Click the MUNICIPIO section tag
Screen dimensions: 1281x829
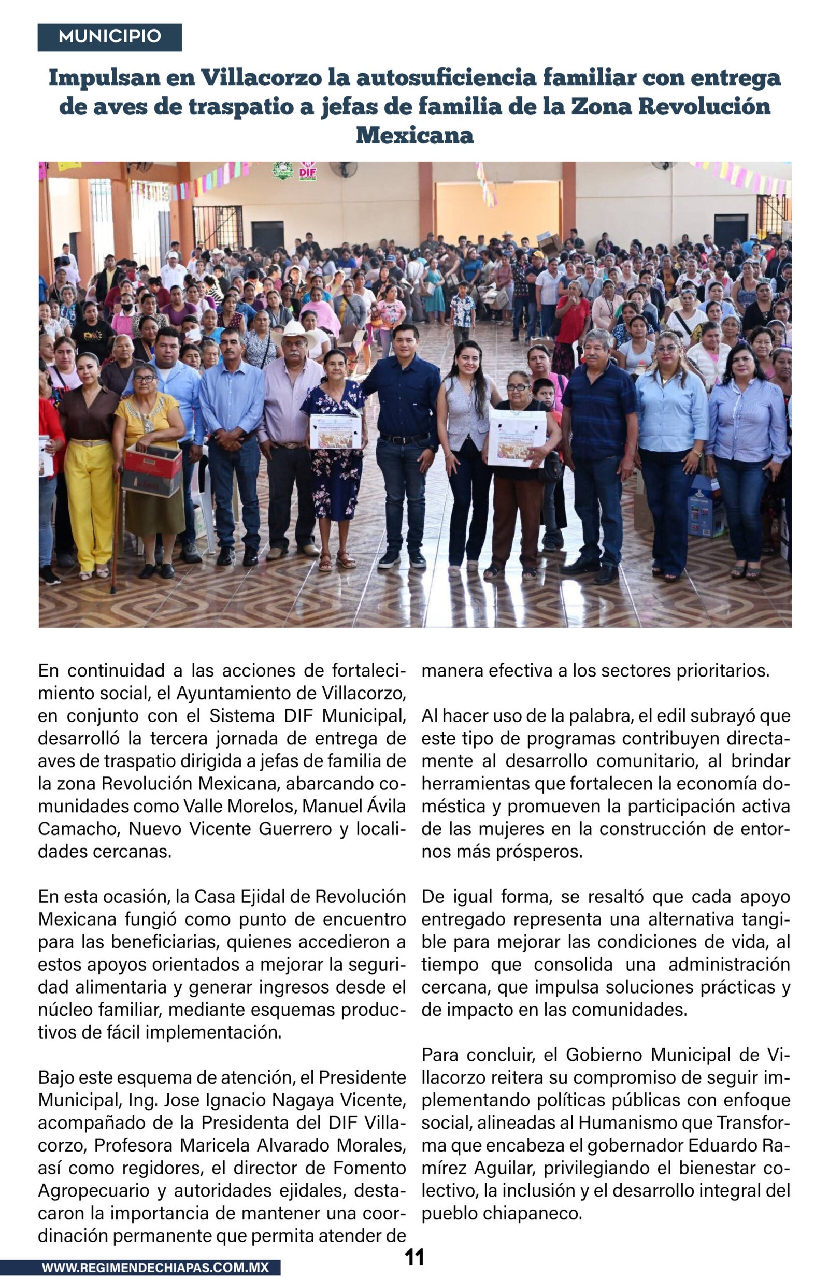pos(109,37)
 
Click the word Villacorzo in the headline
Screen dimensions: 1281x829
pos(261,78)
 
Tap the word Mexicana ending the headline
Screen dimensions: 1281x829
pos(414,135)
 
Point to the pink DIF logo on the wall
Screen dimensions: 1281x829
pos(308,171)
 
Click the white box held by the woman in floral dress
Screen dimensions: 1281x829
pos(335,431)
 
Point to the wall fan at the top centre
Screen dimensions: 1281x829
pos(343,168)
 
